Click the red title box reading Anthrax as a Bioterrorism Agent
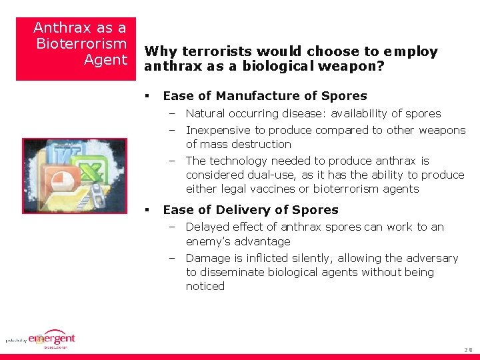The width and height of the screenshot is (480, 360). click(76, 48)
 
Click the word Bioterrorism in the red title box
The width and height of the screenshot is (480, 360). click(81, 44)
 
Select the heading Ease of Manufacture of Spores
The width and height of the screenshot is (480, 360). click(265, 95)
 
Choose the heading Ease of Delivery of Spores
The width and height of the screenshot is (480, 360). click(251, 209)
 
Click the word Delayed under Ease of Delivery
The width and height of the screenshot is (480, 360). click(207, 227)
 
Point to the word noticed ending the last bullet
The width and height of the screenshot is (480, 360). click(205, 286)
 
